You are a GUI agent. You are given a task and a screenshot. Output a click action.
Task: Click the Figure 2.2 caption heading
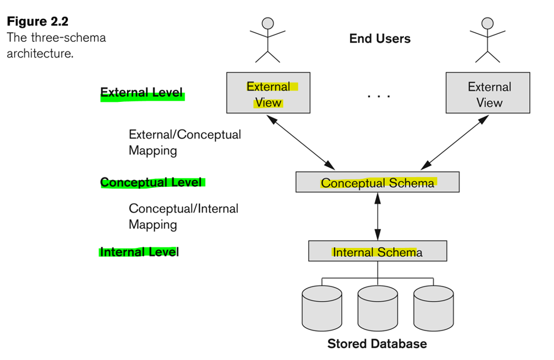pos(37,22)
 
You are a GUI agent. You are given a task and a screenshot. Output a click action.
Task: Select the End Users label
pos(380,38)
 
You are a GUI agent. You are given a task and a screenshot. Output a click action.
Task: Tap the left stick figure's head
pos(267,23)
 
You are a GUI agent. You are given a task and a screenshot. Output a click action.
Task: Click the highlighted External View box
pos(268,93)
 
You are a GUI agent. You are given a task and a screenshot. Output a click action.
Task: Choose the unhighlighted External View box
pos(489,93)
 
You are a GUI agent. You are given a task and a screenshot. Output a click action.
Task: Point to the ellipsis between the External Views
pos(378,96)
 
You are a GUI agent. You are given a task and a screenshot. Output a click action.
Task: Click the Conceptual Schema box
pos(377,183)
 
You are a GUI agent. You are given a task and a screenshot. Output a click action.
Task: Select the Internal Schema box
pos(377,252)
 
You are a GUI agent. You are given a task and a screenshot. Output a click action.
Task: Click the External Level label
pos(142,92)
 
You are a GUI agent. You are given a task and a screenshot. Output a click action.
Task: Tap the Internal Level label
pos(139,251)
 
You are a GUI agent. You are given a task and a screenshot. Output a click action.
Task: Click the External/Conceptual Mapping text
pos(185,143)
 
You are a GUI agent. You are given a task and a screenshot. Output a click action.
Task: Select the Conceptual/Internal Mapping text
pos(184,216)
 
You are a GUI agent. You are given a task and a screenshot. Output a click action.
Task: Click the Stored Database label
pos(377,344)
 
